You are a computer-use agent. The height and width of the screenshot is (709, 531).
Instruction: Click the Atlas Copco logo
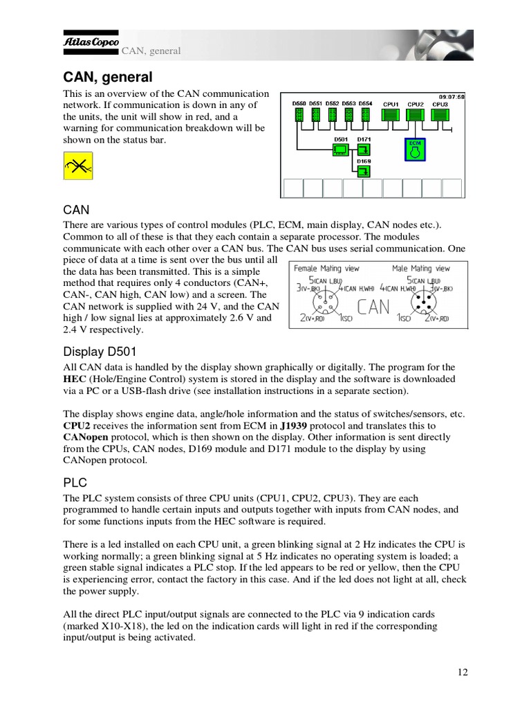click(91, 41)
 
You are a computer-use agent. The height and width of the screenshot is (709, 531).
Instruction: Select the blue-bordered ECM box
click(415, 149)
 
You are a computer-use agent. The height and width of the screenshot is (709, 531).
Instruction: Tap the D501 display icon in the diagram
click(340, 149)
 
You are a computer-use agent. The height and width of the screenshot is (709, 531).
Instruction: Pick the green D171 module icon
click(364, 149)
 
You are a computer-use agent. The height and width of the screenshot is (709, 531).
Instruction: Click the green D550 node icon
click(299, 114)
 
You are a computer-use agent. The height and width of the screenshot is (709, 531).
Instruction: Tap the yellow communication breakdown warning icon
click(78, 166)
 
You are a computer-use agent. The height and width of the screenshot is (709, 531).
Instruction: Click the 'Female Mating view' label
click(326, 268)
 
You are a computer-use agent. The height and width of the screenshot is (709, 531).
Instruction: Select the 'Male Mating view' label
click(420, 268)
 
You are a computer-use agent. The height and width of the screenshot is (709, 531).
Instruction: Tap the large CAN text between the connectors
click(374, 307)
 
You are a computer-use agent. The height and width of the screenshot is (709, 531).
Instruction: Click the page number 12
click(463, 672)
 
